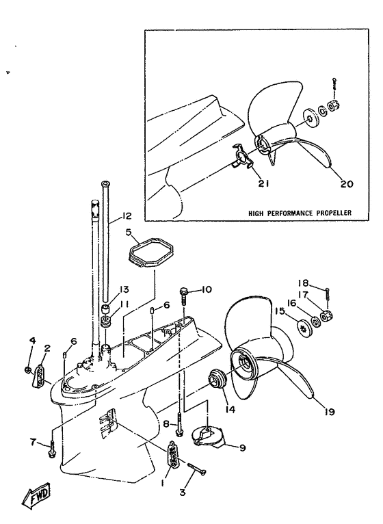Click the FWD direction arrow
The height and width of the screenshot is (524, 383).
coord(36,495)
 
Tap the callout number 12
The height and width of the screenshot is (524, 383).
coord(125,216)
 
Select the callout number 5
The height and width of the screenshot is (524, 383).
coord(129,233)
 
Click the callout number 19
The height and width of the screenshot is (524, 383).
coord(330,412)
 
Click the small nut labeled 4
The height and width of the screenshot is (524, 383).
coord(29,369)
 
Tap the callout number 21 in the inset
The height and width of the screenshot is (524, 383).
coord(263,183)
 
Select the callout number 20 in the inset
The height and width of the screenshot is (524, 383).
coord(347,183)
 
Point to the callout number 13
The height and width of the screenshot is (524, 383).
coord(123,289)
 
